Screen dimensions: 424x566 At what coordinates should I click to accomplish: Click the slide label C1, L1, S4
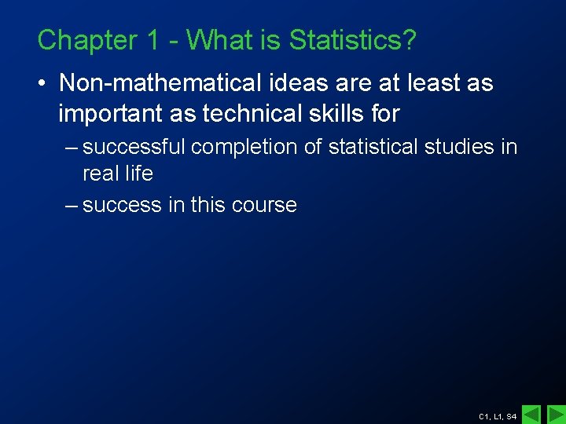click(x=497, y=416)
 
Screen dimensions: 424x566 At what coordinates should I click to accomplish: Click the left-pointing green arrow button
click(x=531, y=414)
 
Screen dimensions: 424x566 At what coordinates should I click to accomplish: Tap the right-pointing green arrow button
click(x=555, y=414)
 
